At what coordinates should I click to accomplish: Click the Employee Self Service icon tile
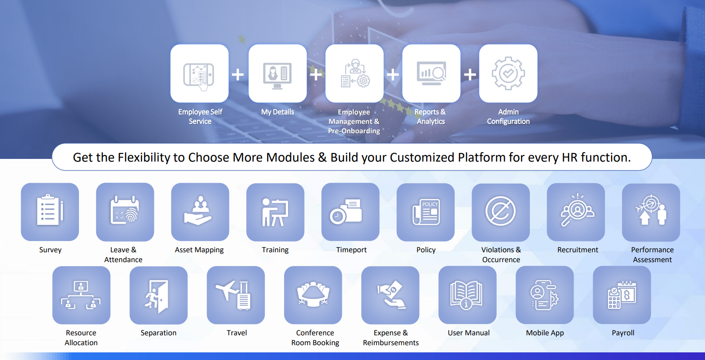[x=200, y=73]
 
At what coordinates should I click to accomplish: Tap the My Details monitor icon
[x=277, y=76]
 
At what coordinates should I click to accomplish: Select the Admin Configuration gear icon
[x=508, y=73]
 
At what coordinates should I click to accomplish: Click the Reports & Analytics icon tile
[x=431, y=73]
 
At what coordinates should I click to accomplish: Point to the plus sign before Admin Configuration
[x=470, y=75]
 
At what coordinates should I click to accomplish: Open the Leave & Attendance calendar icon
[x=125, y=210]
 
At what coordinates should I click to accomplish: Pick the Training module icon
[x=275, y=212]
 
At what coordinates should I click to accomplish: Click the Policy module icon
[x=426, y=212]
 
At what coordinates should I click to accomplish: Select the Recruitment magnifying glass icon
[x=577, y=210]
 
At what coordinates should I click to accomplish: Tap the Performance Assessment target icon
[x=651, y=210]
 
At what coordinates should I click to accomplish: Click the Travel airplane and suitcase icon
[x=233, y=295]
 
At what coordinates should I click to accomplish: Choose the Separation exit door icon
[x=157, y=296]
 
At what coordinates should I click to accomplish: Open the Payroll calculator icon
[x=622, y=294]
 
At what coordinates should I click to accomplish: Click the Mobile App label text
[x=545, y=333]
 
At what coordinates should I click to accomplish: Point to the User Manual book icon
[x=466, y=294]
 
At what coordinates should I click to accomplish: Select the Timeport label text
[x=351, y=250]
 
